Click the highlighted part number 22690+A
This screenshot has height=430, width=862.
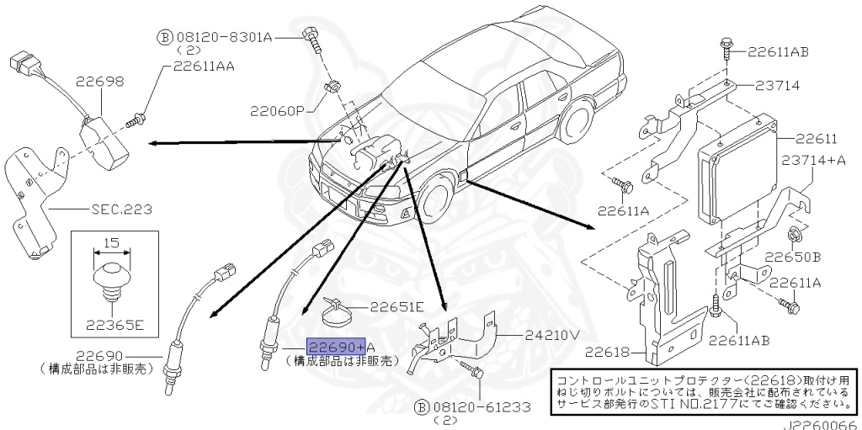click(x=334, y=347)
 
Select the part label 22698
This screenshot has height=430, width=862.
click(x=100, y=82)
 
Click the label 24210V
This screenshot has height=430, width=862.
click(x=551, y=334)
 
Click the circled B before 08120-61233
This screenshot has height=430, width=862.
click(x=423, y=407)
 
